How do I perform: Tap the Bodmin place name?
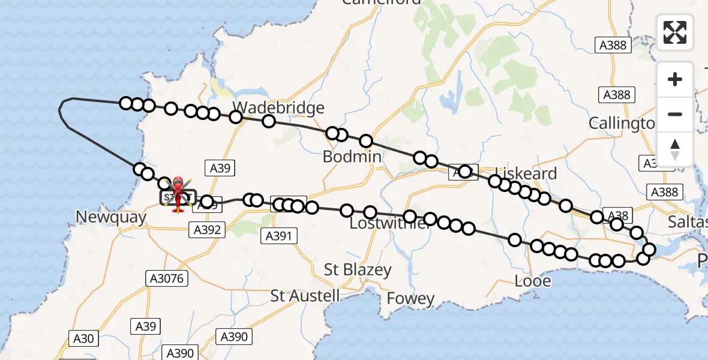[x=352, y=157]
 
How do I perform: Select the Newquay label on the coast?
[x=111, y=217]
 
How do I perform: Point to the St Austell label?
[x=305, y=296]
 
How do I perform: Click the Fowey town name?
[x=410, y=298]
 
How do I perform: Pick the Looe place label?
[x=533, y=280]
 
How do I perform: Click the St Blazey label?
[x=358, y=269]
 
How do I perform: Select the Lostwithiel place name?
[x=390, y=224]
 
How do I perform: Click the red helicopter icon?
[x=178, y=193]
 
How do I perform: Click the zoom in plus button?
[x=675, y=79]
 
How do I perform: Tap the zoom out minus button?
[x=675, y=114]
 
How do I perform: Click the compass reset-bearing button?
[x=675, y=149]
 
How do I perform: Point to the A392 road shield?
[x=207, y=229]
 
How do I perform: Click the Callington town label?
[x=621, y=124]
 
